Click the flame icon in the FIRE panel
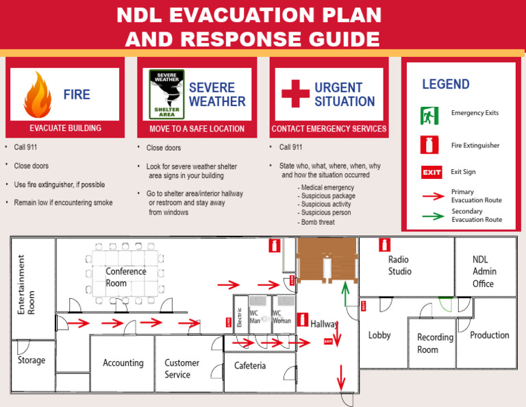click(37, 95)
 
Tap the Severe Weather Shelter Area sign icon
click(167, 95)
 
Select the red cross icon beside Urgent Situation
click(295, 94)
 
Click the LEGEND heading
click(445, 84)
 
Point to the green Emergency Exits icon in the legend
click(429, 114)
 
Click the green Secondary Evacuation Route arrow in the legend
click(431, 217)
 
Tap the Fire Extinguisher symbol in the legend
click(429, 145)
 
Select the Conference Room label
click(125, 277)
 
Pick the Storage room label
click(32, 360)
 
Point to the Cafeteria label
click(250, 366)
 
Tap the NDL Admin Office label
click(484, 271)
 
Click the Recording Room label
click(435, 343)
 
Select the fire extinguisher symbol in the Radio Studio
click(384, 245)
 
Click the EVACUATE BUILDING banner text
click(65, 128)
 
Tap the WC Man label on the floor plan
click(255, 317)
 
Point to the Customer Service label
click(181, 369)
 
